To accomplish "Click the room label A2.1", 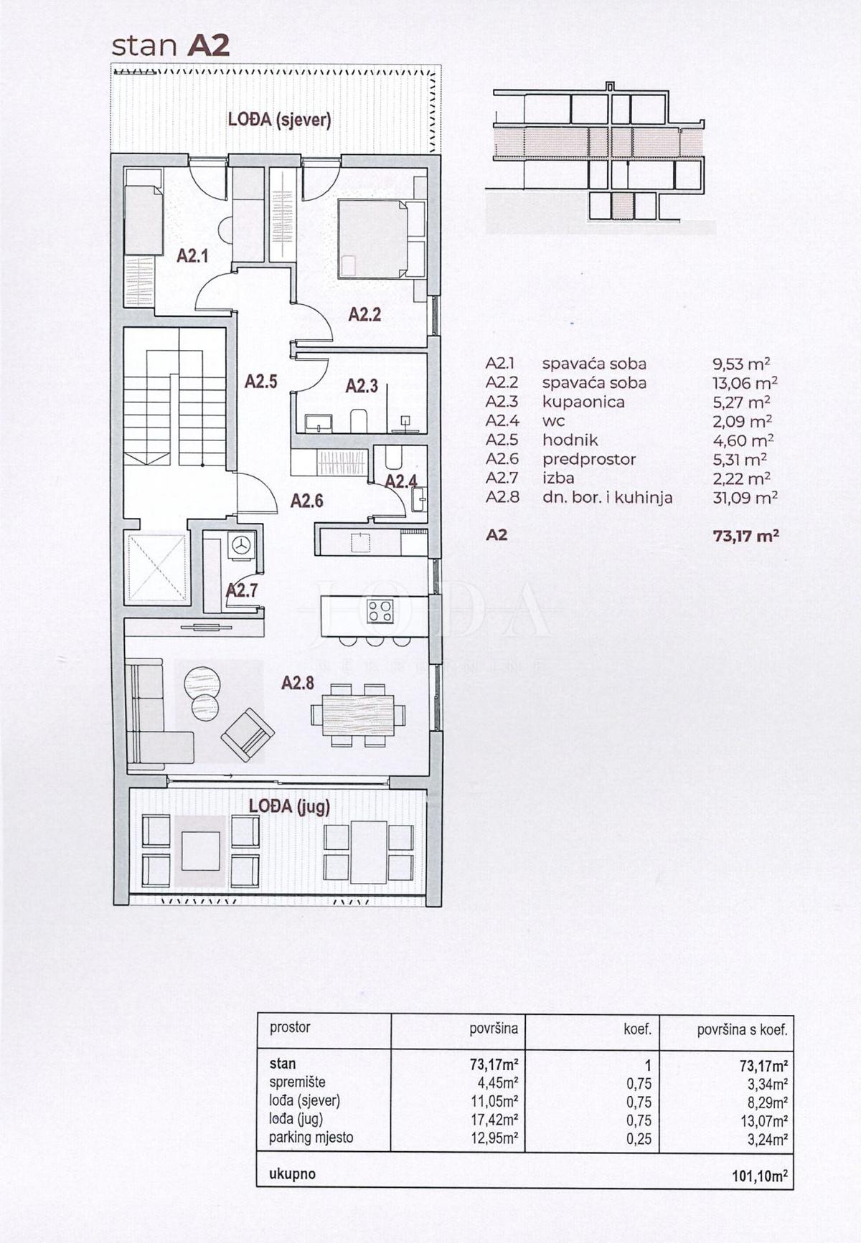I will pyautogui.click(x=192, y=255).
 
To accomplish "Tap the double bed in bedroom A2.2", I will pyautogui.click(x=372, y=239).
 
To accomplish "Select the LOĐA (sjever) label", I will pyautogui.click(x=279, y=120).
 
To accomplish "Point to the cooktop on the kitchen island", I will pyautogui.click(x=380, y=610).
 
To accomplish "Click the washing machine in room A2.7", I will pyautogui.click(x=241, y=545).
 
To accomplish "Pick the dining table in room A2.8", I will pyautogui.click(x=358, y=715).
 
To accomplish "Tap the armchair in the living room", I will pyautogui.click(x=248, y=734).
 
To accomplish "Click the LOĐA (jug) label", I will pyautogui.click(x=289, y=806).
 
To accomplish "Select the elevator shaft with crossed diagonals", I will pyautogui.click(x=156, y=567).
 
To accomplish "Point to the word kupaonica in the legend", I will pyautogui.click(x=583, y=402).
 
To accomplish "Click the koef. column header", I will pyautogui.click(x=637, y=1029).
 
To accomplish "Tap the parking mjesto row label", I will pyautogui.click(x=311, y=1137).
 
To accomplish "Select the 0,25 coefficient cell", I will pyautogui.click(x=639, y=1138).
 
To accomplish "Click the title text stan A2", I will pyautogui.click(x=171, y=45).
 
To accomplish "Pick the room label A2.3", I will pyautogui.click(x=362, y=386).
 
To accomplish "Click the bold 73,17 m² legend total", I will pyautogui.click(x=745, y=535).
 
